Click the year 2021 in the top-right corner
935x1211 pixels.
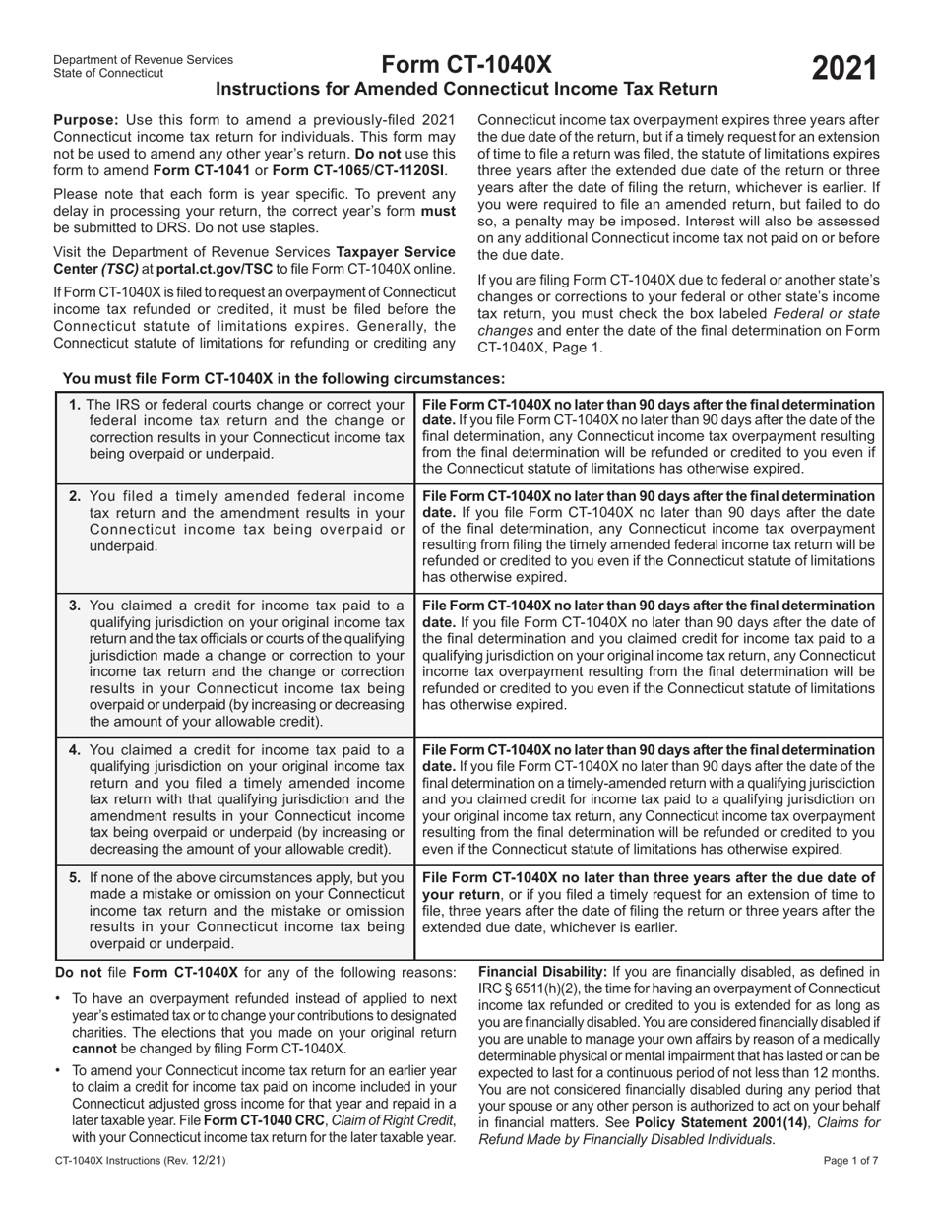843,69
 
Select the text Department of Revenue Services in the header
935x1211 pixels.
143,59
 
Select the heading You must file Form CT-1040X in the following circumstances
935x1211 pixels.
283,378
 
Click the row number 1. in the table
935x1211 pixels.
76,404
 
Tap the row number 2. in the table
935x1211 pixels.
76,495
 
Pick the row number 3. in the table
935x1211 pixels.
76,604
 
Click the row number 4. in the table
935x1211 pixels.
76,750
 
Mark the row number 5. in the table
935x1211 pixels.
76,877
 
